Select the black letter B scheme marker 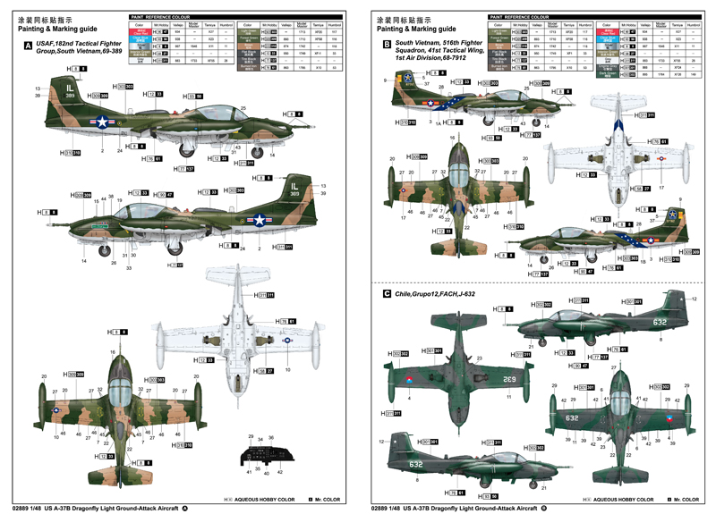coord(386,44)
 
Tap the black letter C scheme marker coord(386,293)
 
